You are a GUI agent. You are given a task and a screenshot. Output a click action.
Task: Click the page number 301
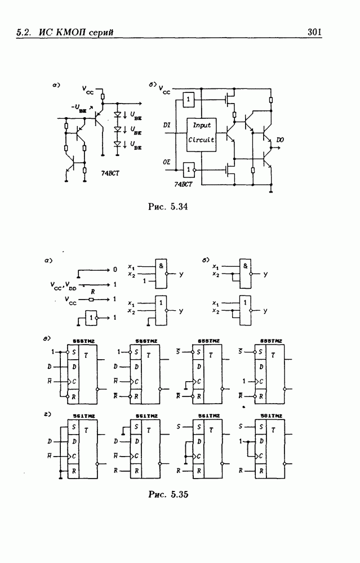coord(314,33)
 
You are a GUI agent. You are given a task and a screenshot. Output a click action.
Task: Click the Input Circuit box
coord(201,133)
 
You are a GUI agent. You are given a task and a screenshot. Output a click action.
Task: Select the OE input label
coord(167,162)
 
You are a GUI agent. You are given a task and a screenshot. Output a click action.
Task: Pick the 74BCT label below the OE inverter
coord(184,185)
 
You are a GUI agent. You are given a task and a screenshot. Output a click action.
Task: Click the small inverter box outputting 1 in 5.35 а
coord(92,318)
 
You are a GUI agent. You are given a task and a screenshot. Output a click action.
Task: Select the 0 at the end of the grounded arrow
coord(115,270)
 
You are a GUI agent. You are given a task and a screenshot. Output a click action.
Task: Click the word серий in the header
coord(101,33)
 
